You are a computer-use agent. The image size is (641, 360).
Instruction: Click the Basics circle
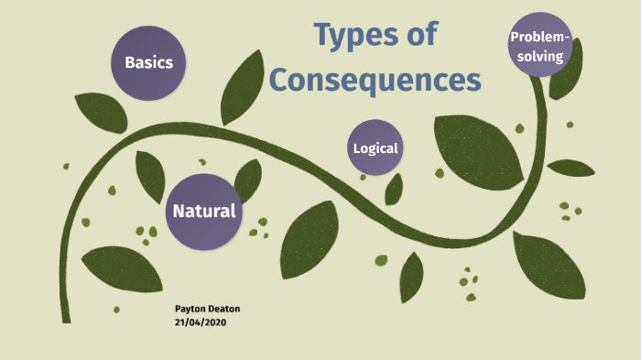click(149, 62)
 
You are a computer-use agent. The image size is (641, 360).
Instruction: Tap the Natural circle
click(204, 212)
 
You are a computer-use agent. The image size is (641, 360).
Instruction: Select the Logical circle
click(375, 147)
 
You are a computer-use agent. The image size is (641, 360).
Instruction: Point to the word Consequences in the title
click(375, 80)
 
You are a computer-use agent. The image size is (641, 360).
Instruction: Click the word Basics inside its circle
click(149, 63)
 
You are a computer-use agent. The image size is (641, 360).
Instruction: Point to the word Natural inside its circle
click(204, 212)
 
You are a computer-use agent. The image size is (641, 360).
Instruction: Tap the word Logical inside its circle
click(375, 148)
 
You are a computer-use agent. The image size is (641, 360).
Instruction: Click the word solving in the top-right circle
click(540, 56)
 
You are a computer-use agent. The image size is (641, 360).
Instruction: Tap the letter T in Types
click(322, 35)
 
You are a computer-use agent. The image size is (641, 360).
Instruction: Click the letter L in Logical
click(356, 148)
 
